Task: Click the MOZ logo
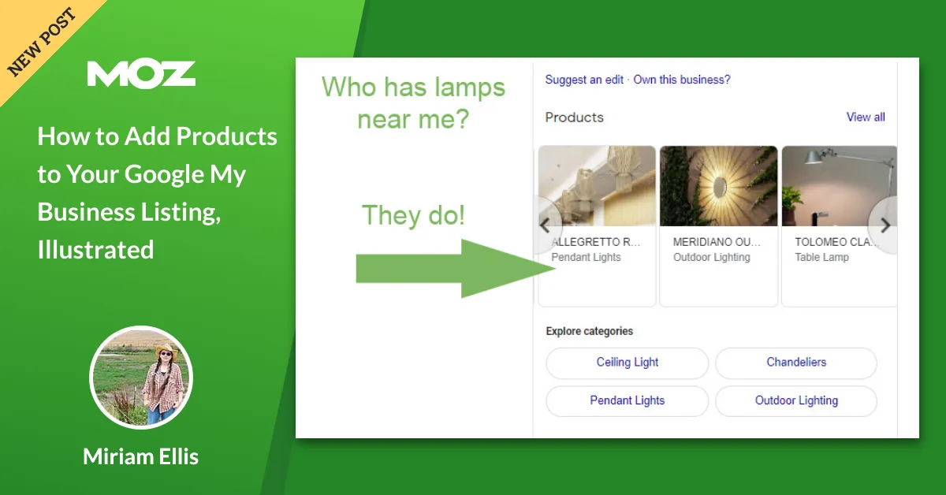[141, 73]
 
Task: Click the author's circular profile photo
[141, 377]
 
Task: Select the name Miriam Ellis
[140, 456]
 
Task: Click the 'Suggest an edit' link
[584, 80]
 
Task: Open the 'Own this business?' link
[682, 80]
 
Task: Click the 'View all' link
[866, 117]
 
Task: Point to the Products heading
[574, 117]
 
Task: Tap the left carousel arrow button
[545, 225]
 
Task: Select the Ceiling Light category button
[628, 363]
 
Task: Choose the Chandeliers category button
[796, 363]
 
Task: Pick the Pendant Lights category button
[628, 400]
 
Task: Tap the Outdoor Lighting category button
[796, 400]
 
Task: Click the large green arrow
[457, 268]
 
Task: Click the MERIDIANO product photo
[718, 186]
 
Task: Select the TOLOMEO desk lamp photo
[839, 186]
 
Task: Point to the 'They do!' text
[413, 215]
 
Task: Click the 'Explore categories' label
[590, 331]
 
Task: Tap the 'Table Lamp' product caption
[821, 257]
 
